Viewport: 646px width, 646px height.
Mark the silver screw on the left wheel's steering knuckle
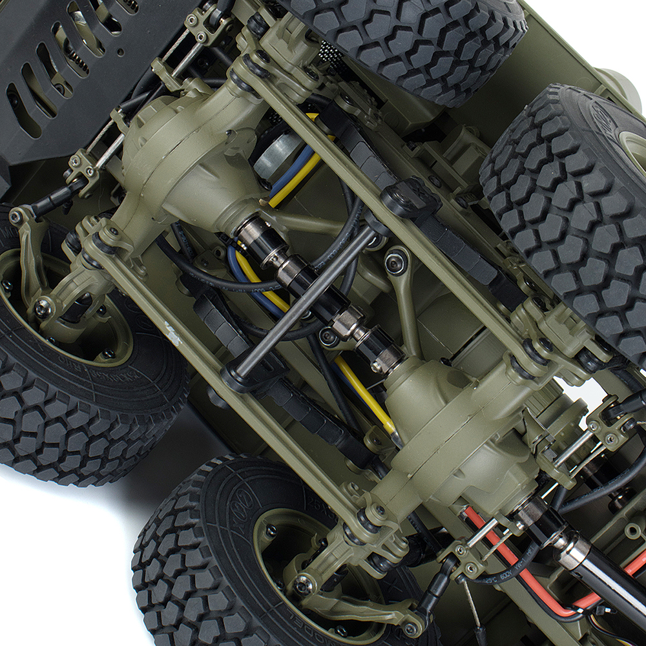point(43,308)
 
